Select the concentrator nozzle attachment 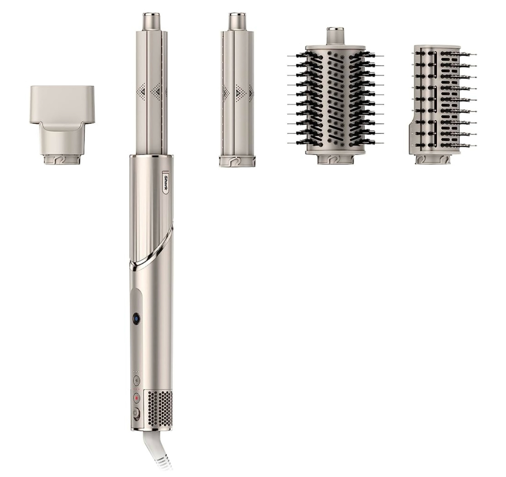[x=62, y=125]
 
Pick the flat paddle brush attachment [x=442, y=104]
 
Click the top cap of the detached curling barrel [x=237, y=22]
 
